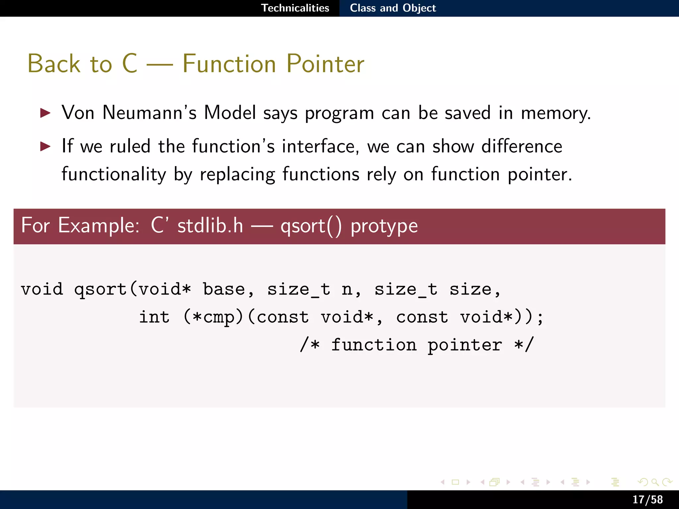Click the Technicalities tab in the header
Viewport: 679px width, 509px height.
tap(295, 8)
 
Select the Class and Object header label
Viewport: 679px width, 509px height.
tap(393, 8)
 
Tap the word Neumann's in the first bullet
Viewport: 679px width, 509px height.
tap(150, 113)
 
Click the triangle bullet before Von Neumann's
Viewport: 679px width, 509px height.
tap(45, 113)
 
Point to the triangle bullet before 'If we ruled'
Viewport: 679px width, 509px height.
tap(45, 146)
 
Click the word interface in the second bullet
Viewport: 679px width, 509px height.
tap(320, 146)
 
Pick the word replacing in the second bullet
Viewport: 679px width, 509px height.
tap(237, 175)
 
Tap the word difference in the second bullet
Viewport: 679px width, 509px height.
tap(522, 146)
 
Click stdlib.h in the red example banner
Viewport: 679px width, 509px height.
tap(210, 226)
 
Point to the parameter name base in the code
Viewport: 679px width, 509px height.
tap(224, 289)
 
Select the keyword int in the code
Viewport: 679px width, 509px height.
tap(154, 317)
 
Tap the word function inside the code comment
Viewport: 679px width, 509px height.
tap(374, 345)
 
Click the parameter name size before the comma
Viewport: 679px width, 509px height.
tap(470, 289)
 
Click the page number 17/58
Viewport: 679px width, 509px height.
tap(647, 499)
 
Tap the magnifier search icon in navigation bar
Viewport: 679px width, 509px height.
tap(655, 482)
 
